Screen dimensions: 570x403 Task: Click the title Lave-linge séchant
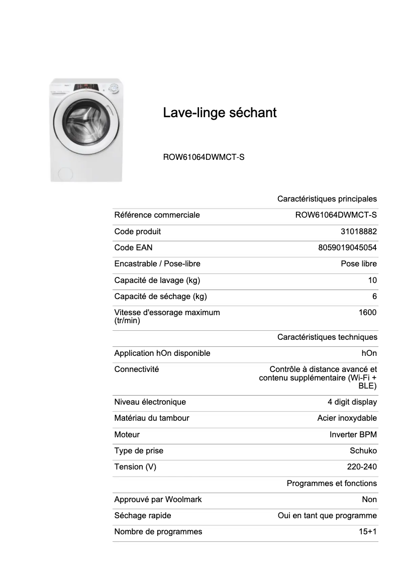220,113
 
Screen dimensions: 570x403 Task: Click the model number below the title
204,157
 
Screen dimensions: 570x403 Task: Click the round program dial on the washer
114,90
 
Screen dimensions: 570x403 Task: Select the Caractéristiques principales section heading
327,199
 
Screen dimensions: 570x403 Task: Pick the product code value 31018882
359,232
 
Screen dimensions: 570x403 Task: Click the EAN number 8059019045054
347,248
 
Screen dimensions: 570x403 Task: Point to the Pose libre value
359,264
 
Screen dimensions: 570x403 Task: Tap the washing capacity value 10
372,280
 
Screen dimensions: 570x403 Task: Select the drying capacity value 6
374,297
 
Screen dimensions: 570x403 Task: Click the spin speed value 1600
367,313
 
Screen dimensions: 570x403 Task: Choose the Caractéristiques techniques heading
327,337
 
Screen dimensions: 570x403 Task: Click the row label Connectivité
137,369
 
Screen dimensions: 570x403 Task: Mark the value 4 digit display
352,402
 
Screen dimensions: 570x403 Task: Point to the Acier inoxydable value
347,418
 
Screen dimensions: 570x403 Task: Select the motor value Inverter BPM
353,435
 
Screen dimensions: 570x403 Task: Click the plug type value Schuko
363,451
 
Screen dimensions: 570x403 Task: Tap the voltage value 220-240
362,467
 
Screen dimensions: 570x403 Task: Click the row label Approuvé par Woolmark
158,500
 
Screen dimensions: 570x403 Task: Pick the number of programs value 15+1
368,532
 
